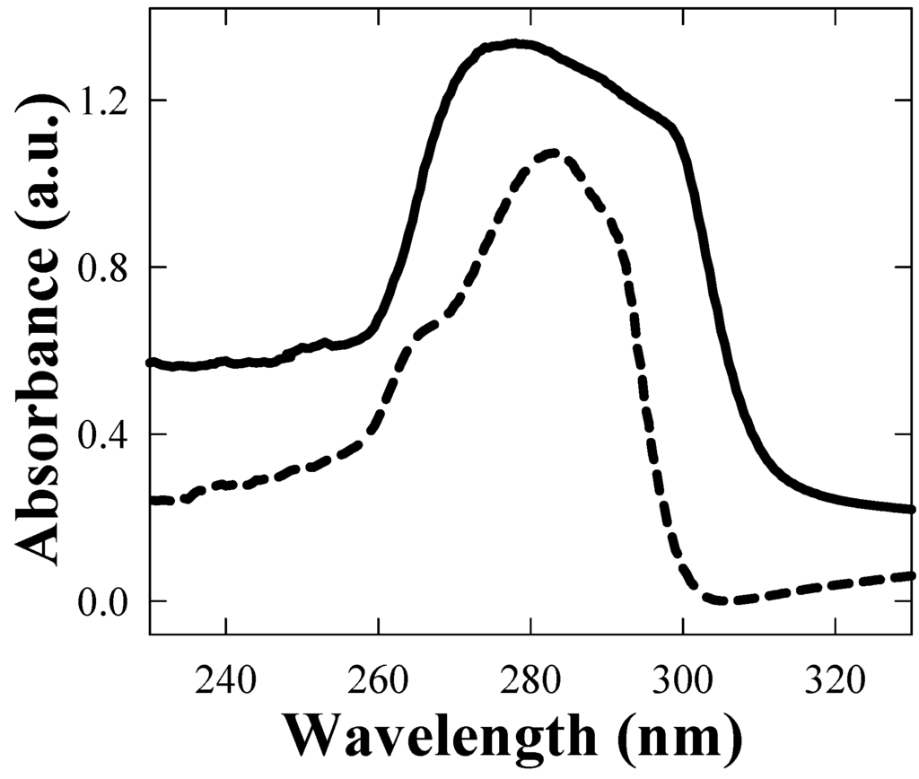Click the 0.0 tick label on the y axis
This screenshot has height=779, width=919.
(107, 601)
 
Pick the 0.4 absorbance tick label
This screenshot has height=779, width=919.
(107, 434)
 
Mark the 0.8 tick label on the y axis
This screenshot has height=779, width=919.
(107, 267)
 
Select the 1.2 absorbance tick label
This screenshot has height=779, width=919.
(107, 101)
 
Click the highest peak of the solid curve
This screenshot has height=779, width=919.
(515, 43)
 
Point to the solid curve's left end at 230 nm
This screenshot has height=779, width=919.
(151, 363)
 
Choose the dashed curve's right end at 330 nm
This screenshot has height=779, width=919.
(912, 575)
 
